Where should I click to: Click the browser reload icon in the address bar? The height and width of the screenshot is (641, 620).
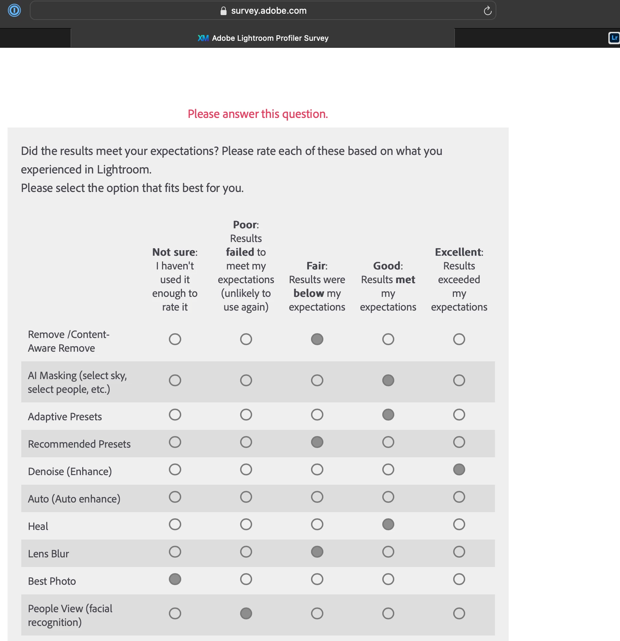[x=487, y=11]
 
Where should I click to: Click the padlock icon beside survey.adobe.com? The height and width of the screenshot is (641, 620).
[x=223, y=11]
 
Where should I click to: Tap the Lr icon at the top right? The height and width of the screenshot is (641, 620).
[x=614, y=38]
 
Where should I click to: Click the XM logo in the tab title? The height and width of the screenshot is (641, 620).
[x=203, y=38]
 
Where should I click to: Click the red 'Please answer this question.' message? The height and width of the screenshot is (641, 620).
[x=258, y=114]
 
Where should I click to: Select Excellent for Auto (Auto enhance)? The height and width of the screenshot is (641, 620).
[x=459, y=497]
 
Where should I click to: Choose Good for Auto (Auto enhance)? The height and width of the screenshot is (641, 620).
[x=388, y=497]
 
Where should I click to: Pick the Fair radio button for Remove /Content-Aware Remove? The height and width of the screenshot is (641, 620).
[x=317, y=339]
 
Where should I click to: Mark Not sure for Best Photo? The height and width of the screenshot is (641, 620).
[x=175, y=579]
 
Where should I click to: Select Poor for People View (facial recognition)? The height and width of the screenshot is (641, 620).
[x=246, y=613]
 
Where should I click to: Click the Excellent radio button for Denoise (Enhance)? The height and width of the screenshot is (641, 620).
[x=459, y=469]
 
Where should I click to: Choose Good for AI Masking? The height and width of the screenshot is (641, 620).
[x=388, y=380]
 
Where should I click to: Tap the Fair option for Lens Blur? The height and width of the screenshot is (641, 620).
[x=317, y=552]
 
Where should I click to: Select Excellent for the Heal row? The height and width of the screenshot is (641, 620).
[x=459, y=524]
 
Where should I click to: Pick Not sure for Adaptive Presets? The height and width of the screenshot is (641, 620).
[x=175, y=414]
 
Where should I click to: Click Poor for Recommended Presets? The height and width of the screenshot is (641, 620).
[x=246, y=442]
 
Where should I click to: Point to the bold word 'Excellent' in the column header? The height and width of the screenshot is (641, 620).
[x=458, y=252]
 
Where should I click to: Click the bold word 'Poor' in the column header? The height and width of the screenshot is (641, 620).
[x=245, y=225]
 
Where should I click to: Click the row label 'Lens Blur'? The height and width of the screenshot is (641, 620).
[x=49, y=554]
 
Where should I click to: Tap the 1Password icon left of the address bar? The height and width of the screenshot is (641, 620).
[x=14, y=10]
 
